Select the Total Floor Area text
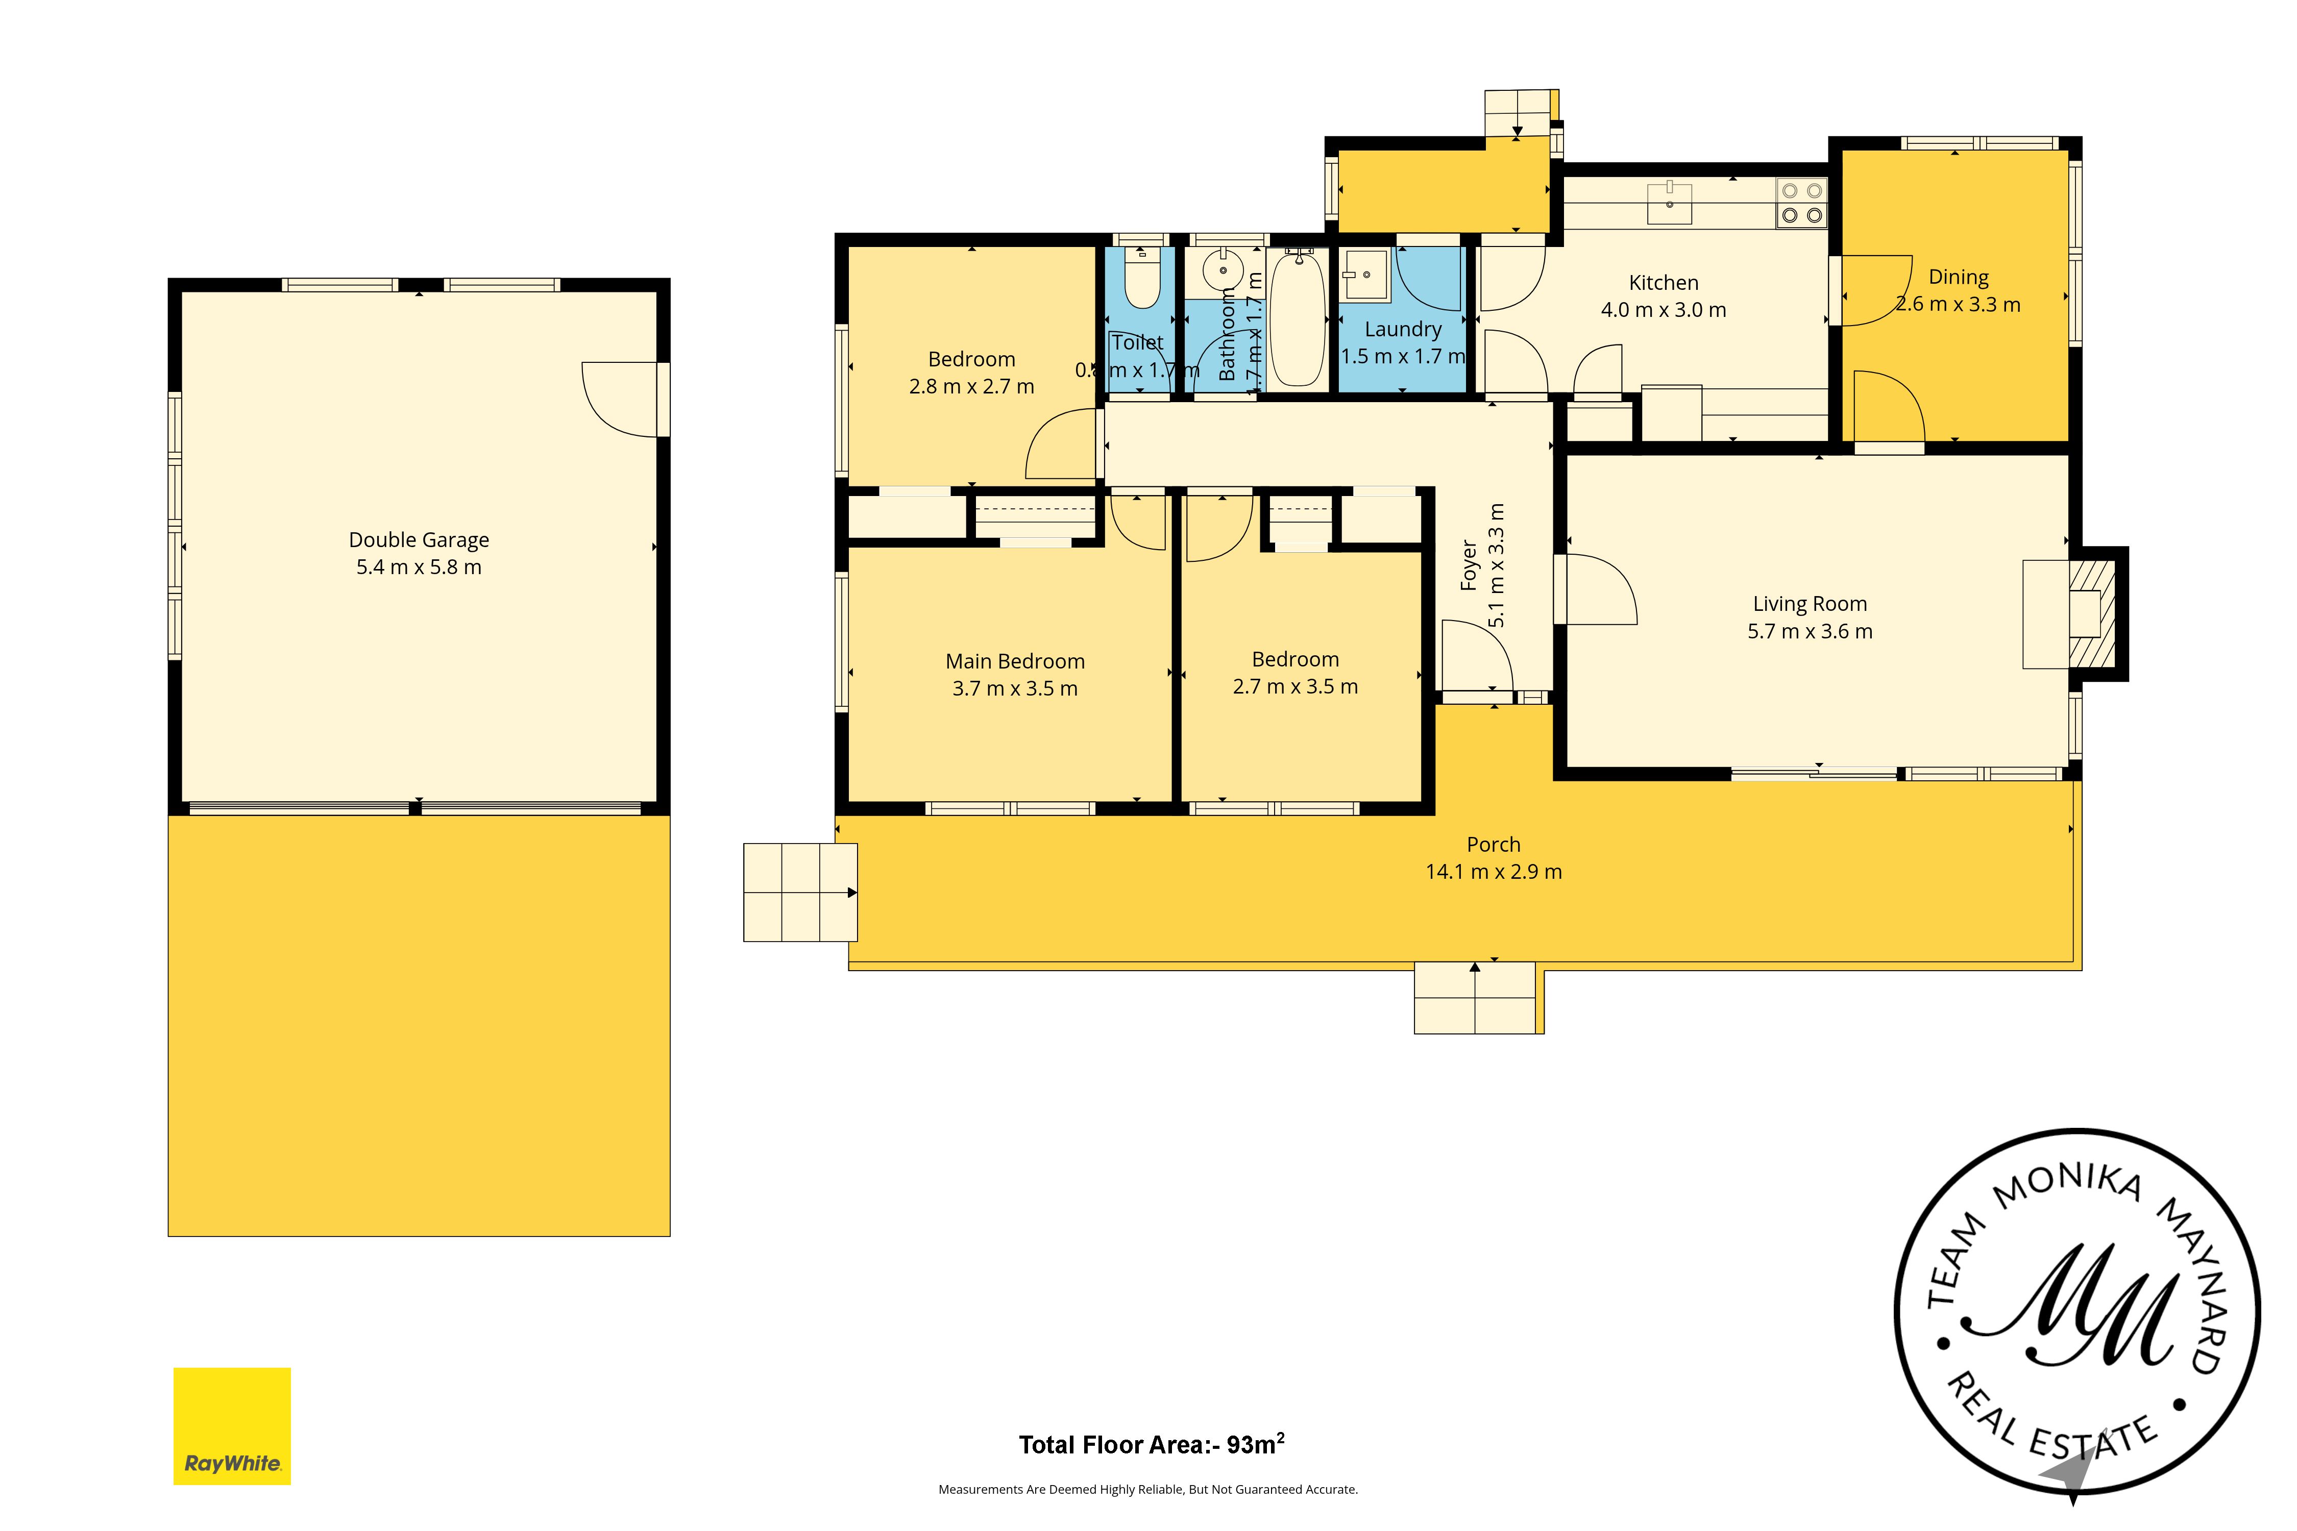pos(1151,1445)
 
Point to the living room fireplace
pos(2090,614)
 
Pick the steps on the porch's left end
pos(800,893)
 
